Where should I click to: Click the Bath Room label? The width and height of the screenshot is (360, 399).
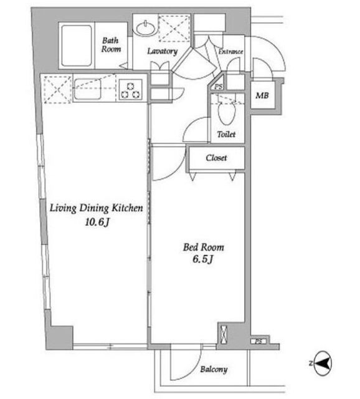(x=111, y=44)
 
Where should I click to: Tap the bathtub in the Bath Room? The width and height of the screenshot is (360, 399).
(x=77, y=46)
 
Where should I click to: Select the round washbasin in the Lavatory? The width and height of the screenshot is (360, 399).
(x=146, y=28)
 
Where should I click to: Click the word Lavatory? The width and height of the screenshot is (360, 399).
(x=163, y=51)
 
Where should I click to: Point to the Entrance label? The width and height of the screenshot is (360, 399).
(x=231, y=51)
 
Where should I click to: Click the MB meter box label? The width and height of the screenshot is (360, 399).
(x=262, y=95)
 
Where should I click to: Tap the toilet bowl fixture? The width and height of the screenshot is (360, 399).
(x=227, y=112)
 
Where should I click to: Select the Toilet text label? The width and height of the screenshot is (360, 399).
(x=226, y=134)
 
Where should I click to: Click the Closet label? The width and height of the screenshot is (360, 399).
(x=216, y=158)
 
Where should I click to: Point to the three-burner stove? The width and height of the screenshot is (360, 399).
(x=131, y=90)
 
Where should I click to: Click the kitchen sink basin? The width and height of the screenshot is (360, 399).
(x=88, y=89)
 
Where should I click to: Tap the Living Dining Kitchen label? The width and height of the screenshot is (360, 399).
(x=96, y=208)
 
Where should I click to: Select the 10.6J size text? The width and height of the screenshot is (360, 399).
(x=97, y=223)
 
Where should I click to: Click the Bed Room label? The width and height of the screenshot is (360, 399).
(x=204, y=247)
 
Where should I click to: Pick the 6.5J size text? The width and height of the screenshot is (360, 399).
(x=202, y=259)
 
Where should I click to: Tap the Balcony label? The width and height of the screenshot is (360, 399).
(x=214, y=369)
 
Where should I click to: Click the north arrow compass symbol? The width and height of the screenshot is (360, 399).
(x=323, y=363)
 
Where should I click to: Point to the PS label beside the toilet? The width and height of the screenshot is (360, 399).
(x=218, y=87)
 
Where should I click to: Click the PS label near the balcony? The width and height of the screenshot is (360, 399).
(x=258, y=342)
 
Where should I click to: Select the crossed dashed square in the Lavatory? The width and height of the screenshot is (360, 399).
(x=174, y=28)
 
